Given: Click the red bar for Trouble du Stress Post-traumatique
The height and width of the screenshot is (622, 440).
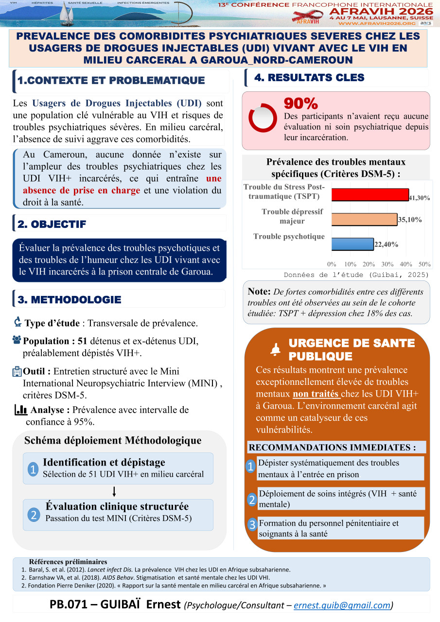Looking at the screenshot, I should [x=370, y=194].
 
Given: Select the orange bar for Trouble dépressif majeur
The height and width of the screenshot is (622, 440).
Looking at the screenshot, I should [x=364, y=219].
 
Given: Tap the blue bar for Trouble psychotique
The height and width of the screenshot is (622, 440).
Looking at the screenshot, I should [x=352, y=243].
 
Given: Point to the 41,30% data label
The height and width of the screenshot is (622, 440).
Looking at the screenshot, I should [x=420, y=198].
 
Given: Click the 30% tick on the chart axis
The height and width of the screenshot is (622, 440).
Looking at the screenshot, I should [x=387, y=264].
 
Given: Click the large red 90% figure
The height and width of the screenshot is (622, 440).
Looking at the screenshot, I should [x=300, y=104].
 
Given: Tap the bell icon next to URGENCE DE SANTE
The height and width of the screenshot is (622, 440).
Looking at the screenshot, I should [x=276, y=349].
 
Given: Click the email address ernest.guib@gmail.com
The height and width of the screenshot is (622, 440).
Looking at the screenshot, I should [x=342, y=605].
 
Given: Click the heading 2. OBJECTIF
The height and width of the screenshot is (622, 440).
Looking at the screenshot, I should [x=52, y=224].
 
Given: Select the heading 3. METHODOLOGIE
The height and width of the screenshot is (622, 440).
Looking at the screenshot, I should [x=70, y=300].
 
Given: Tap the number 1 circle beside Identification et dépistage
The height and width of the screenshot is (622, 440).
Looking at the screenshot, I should [x=33, y=469].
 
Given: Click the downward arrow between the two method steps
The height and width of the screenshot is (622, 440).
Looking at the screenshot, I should [x=114, y=491].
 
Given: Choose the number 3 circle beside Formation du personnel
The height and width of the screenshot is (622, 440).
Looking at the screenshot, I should [x=252, y=525].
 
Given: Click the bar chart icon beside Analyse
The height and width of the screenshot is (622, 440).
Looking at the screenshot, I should [x=20, y=410].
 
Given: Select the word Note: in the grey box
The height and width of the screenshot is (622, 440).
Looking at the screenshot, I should [x=259, y=292].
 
